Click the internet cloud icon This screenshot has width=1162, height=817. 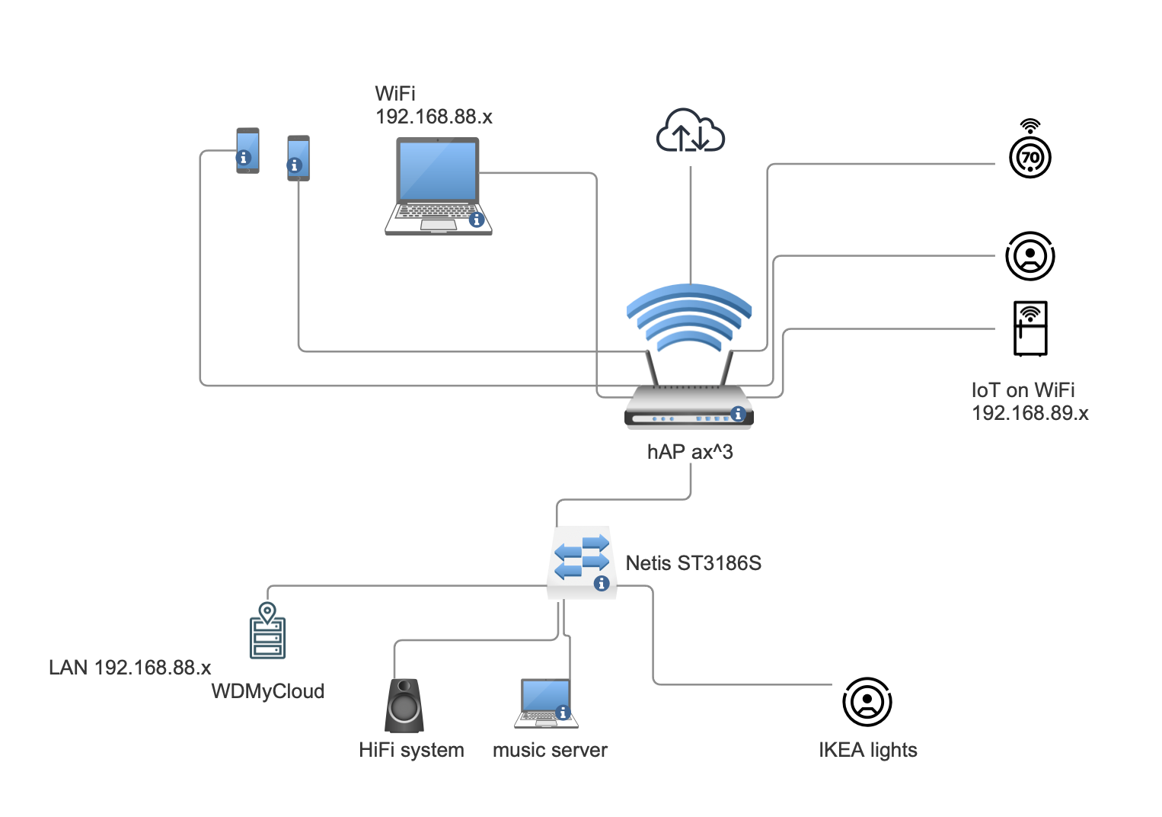click(690, 131)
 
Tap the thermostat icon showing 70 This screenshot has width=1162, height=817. click(1030, 157)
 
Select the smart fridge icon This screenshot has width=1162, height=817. click(1030, 328)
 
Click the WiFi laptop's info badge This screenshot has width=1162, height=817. click(477, 219)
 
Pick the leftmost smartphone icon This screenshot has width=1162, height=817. click(247, 150)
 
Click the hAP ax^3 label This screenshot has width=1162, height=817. click(690, 452)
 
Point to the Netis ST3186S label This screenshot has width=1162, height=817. click(693, 563)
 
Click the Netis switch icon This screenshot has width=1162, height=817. click(582, 562)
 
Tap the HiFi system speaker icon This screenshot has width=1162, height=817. click(404, 705)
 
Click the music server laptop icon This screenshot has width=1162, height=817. click(546, 703)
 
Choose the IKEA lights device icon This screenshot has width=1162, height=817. click(867, 701)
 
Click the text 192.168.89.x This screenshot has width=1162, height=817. click(1030, 413)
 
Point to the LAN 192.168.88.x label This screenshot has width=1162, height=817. click(129, 668)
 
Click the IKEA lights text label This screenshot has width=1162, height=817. click(867, 750)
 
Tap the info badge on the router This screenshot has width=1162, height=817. click(737, 413)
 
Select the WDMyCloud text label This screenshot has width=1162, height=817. click(267, 691)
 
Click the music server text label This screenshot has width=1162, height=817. click(550, 750)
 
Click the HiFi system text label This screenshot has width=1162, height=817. click(411, 750)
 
